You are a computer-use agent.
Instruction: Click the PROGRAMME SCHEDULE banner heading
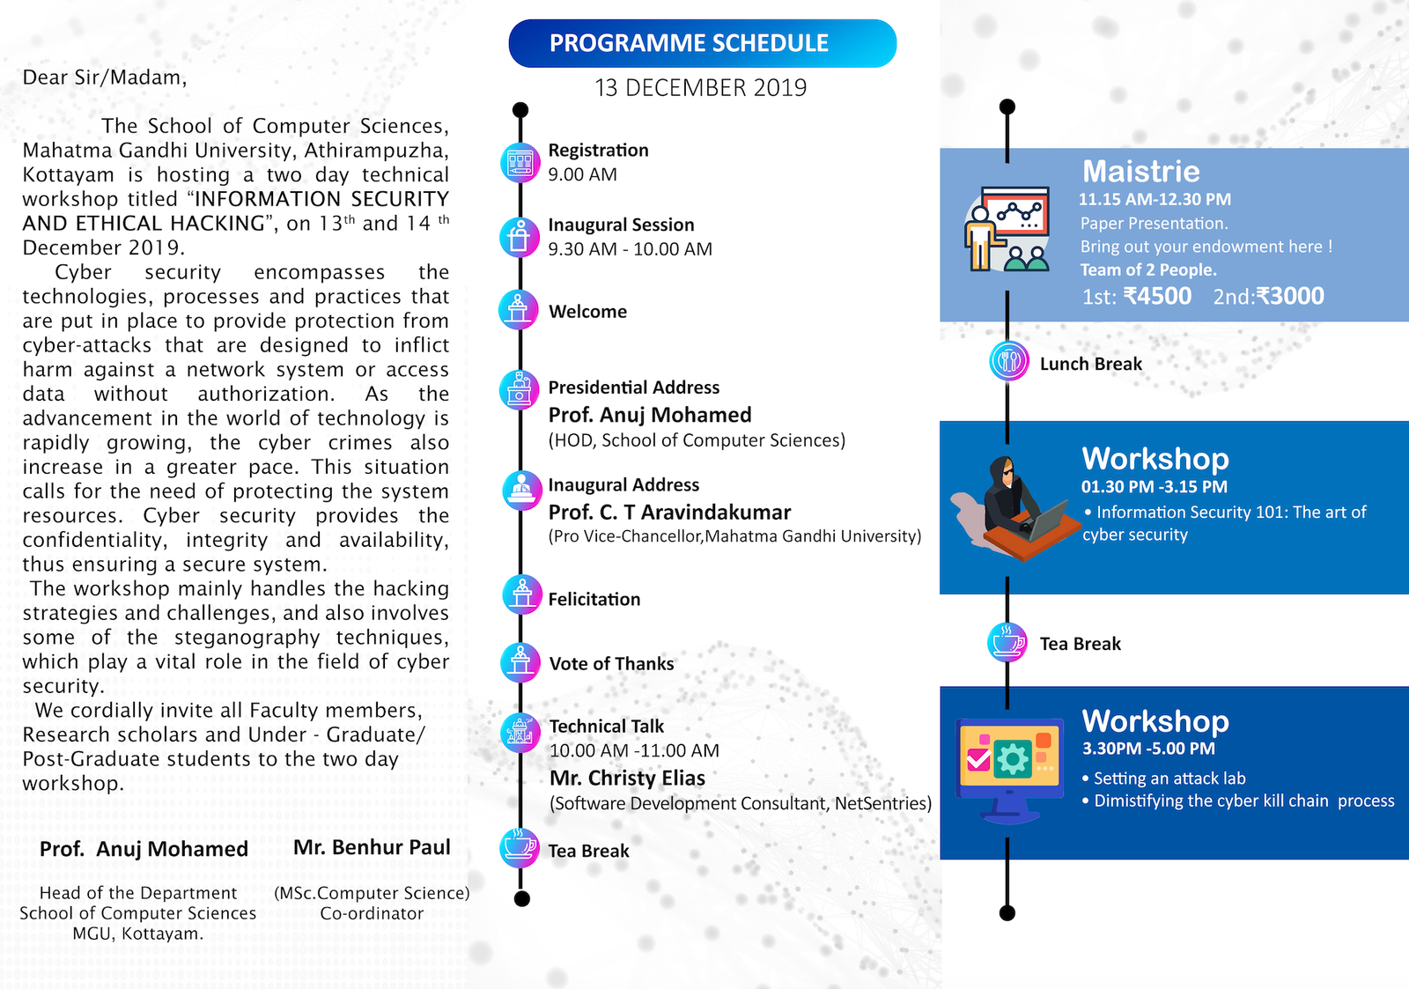pyautogui.click(x=689, y=43)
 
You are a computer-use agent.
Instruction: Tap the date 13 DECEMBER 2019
pyautogui.click(x=700, y=88)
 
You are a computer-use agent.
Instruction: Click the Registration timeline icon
pyautogui.click(x=520, y=162)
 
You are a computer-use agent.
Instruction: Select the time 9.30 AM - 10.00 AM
pyautogui.click(x=630, y=249)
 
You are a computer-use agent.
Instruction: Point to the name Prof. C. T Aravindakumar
pyautogui.click(x=669, y=513)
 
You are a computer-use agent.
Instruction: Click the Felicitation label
pyautogui.click(x=594, y=600)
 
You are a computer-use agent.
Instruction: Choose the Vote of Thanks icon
pyautogui.click(x=520, y=663)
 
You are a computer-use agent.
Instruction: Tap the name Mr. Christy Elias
pyautogui.click(x=627, y=779)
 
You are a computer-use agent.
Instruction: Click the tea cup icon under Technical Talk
pyautogui.click(x=520, y=848)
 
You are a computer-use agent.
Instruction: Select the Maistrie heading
pyautogui.click(x=1140, y=171)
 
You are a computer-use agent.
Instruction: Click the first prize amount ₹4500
pyautogui.click(x=1157, y=297)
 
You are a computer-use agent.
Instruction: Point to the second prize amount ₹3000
pyautogui.click(x=1290, y=297)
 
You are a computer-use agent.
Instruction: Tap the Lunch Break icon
pyautogui.click(x=1008, y=361)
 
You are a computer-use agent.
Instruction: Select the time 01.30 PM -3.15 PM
pyautogui.click(x=1154, y=487)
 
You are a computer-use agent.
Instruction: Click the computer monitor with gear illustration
pyautogui.click(x=1009, y=766)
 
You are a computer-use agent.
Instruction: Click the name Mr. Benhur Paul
pyautogui.click(x=372, y=847)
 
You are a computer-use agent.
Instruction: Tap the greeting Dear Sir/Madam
pyautogui.click(x=105, y=77)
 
